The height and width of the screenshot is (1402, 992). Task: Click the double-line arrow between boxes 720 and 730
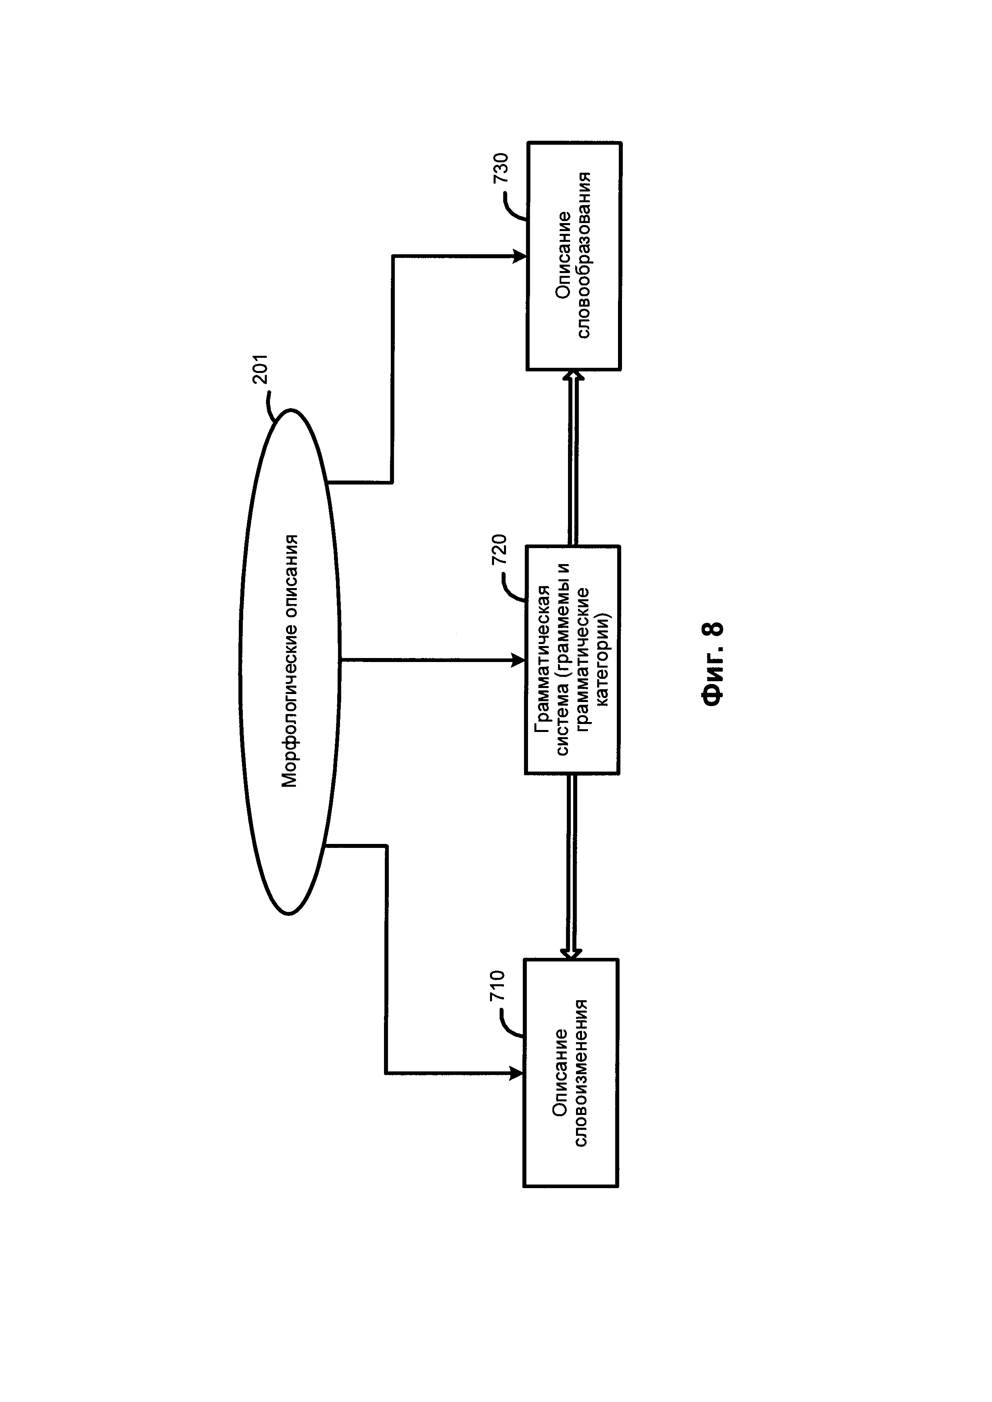pyautogui.click(x=573, y=458)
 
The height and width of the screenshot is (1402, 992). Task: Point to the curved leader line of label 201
pyautogui.click(x=271, y=407)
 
